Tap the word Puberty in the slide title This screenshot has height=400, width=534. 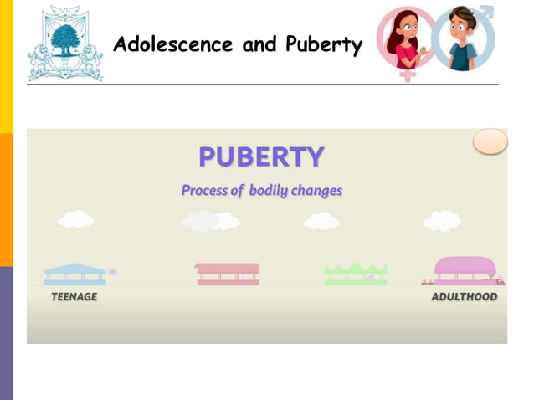coord(321,45)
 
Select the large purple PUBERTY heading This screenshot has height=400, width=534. coord(261,156)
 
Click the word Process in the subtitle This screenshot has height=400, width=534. coord(206,190)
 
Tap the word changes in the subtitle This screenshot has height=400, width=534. coord(316,190)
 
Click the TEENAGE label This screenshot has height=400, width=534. coord(74,297)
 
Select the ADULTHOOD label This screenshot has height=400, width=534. coord(464,297)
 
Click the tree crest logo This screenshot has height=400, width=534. coord(64,43)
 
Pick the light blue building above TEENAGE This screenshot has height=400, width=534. coord(74,274)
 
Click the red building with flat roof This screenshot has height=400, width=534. coord(228,274)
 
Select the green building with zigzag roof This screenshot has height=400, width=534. coord(356,274)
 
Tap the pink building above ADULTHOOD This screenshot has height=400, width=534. coord(465,271)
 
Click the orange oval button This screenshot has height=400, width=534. coord(490,141)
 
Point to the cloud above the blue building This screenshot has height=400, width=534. coord(75,219)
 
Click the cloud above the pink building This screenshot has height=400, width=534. coord(442,220)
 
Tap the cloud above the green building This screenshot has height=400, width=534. coord(321,221)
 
